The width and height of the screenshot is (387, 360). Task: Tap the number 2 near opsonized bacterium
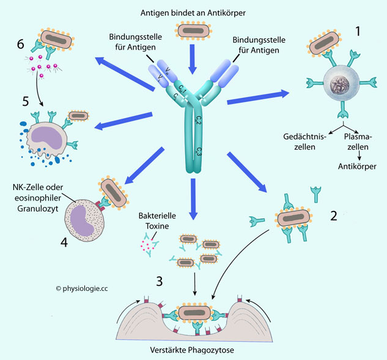coord(334,215)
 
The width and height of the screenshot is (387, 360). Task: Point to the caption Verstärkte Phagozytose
coord(193,351)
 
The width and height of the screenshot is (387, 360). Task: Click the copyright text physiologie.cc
coord(86,287)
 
